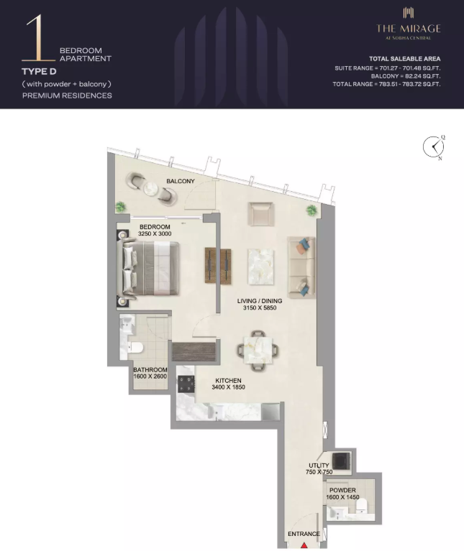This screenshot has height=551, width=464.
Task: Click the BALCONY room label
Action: pyautogui.click(x=181, y=181)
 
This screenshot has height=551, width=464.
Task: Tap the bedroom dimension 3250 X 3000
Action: pyautogui.click(x=155, y=233)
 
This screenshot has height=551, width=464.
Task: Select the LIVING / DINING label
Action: pyautogui.click(x=260, y=301)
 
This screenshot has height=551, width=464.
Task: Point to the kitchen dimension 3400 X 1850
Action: pyautogui.click(x=228, y=387)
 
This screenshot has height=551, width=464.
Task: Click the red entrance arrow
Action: pyautogui.click(x=304, y=545)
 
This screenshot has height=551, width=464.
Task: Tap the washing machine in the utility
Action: pyautogui.click(x=341, y=461)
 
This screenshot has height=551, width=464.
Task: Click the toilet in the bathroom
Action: pyautogui.click(x=135, y=348)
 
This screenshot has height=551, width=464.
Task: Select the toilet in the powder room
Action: pyautogui.click(x=362, y=506)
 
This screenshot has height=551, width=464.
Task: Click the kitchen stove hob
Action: pyautogui.click(x=186, y=384)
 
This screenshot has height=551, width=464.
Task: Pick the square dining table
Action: pyautogui.click(x=258, y=350)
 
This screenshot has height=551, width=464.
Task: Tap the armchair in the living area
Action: pyautogui.click(x=260, y=213)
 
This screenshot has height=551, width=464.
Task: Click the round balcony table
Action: pyautogui.click(x=151, y=189)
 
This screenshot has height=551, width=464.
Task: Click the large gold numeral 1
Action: pyautogui.click(x=38, y=37)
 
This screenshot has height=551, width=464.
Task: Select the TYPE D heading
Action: pyautogui.click(x=39, y=72)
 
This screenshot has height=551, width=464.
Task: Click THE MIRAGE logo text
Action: pyautogui.click(x=409, y=28)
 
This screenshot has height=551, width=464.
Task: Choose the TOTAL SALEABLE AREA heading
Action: pyautogui.click(x=404, y=59)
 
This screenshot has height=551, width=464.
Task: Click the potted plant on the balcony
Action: pyautogui.click(x=120, y=207)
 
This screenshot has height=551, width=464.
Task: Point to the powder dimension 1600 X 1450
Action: pyautogui.click(x=342, y=497)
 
